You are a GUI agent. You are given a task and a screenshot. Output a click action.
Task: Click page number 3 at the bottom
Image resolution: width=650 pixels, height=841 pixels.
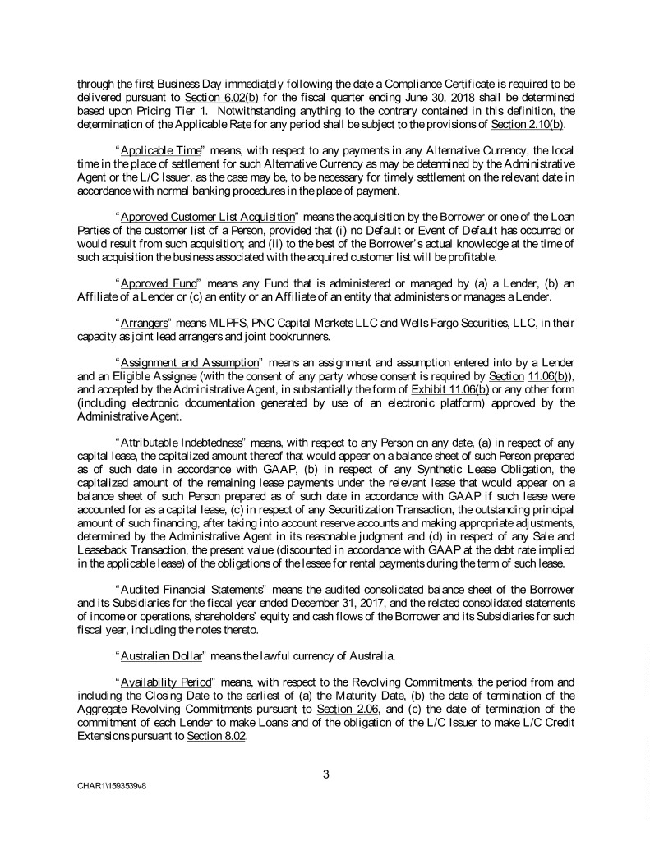point(325,770)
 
